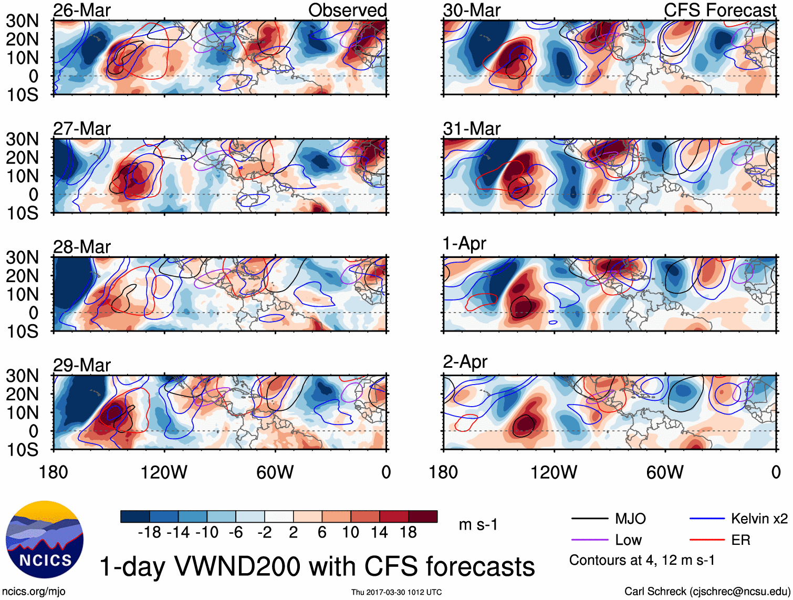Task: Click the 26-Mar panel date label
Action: (82, 11)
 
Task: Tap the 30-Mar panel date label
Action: (472, 11)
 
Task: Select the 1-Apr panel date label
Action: (465, 244)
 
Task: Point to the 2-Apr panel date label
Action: (465, 362)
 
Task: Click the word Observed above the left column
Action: (347, 11)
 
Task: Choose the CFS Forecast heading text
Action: (720, 11)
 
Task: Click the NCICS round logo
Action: (44, 540)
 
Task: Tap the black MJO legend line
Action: (589, 519)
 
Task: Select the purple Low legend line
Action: (589, 540)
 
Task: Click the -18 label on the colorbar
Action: (150, 533)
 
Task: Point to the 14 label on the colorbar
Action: (379, 533)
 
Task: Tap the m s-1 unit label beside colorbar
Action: (478, 525)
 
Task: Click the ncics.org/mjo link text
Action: (34, 592)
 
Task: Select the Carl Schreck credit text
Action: (707, 592)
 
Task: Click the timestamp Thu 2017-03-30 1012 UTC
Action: (396, 592)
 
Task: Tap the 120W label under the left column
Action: (164, 472)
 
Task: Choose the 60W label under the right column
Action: (665, 472)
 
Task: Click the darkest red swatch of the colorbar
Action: (423, 516)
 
